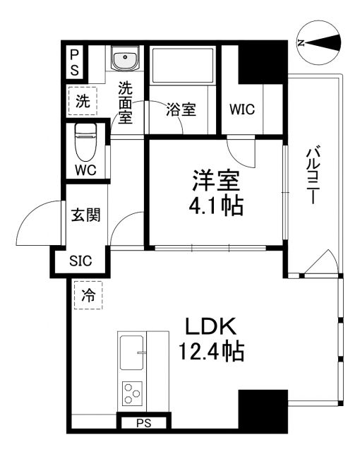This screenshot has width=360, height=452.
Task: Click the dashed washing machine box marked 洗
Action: [x=83, y=101]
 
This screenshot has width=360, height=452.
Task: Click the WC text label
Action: [x=85, y=170]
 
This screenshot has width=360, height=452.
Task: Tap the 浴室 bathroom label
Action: [x=181, y=110]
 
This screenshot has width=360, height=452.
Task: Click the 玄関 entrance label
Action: [x=85, y=215]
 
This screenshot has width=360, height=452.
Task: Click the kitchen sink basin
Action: [x=132, y=352]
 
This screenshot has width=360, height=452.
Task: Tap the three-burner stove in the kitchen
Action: [x=132, y=393]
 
